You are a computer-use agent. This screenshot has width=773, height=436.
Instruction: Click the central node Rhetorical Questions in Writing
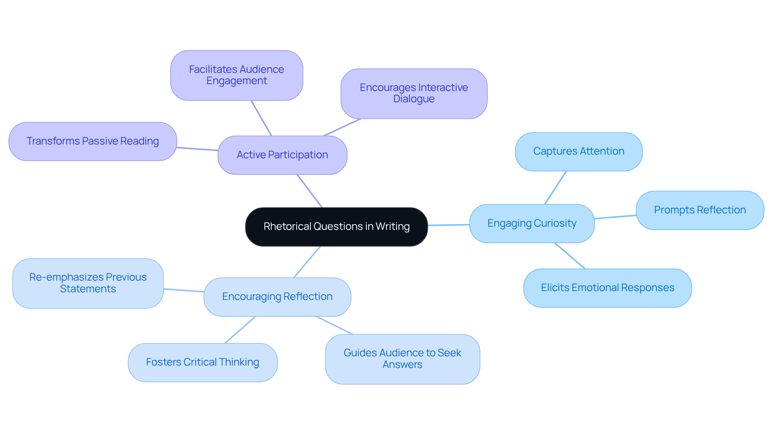coord(336,227)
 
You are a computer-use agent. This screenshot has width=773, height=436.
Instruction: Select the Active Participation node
coord(282,155)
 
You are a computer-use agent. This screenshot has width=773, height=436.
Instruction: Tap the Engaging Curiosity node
coord(532,223)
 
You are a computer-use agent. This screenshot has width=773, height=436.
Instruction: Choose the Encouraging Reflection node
coord(277,297)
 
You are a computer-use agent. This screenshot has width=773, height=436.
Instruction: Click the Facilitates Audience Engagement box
coord(236,75)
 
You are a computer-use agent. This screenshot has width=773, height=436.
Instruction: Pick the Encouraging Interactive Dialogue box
coord(414,93)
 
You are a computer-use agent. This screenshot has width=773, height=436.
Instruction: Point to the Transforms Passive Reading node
coord(93,141)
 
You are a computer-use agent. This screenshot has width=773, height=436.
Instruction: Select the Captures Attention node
coord(579,151)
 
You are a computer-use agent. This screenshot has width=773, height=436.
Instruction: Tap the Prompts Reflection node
coord(700,210)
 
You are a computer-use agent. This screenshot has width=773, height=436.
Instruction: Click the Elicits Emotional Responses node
coord(607,288)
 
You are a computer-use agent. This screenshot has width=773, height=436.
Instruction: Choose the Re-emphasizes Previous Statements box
coord(88,283)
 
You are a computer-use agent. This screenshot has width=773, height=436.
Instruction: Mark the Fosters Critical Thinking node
coord(203,362)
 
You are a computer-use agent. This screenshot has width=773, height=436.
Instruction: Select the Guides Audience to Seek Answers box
coord(402,359)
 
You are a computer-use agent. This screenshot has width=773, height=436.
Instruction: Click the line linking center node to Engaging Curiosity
coord(449,225)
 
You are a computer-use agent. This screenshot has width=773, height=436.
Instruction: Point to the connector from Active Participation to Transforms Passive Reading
coord(197,149)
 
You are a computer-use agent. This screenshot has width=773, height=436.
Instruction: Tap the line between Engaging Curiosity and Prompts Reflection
coord(615,217)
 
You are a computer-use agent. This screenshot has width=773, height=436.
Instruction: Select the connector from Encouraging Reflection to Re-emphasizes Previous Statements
coord(184,290)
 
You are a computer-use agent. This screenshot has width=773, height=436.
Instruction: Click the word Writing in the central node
coord(393,227)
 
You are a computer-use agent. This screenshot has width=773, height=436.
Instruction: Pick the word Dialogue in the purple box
coord(414,99)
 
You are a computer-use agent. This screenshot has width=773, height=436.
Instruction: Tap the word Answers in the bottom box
coord(402,365)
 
